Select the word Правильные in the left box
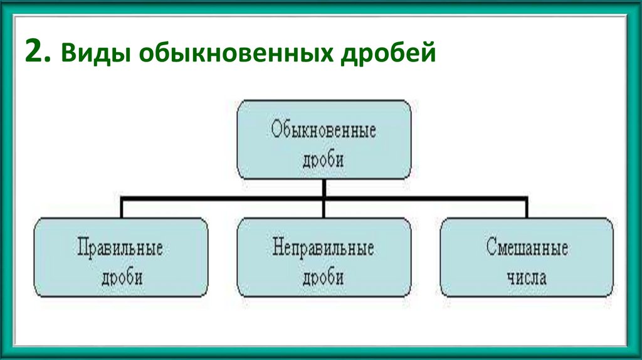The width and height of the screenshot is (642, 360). click(120, 247)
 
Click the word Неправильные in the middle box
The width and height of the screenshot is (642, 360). click(324, 247)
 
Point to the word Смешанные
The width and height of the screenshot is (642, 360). click(527, 247)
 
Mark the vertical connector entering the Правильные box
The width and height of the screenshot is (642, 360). click(121, 208)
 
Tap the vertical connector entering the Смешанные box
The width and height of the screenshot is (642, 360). click(527, 208)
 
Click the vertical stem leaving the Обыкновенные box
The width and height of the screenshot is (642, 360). click(324, 188)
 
